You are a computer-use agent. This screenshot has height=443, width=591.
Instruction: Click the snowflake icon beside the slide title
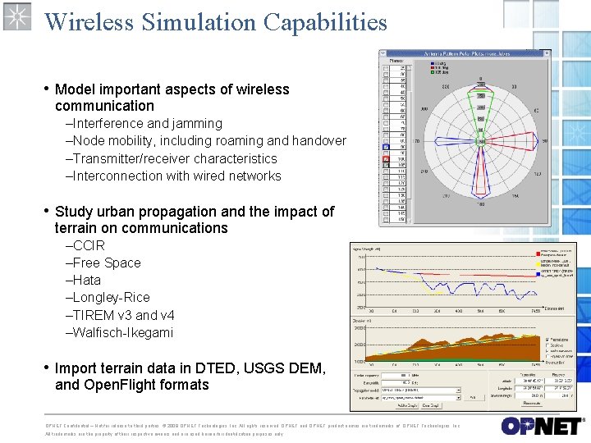coord(16,16)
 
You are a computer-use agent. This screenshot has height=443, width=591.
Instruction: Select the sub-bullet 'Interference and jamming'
coord(147,123)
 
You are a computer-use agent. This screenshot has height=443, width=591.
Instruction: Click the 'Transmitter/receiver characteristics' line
coord(174,158)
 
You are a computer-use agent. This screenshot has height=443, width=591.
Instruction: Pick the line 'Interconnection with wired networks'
coord(176,176)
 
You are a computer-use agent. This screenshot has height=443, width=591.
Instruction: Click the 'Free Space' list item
coord(106,263)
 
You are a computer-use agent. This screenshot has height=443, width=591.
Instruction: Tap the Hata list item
coord(86,280)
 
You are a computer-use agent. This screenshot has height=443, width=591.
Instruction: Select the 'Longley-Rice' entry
coord(111,297)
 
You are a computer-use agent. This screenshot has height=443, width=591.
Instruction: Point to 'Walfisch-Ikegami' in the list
coord(122,332)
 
